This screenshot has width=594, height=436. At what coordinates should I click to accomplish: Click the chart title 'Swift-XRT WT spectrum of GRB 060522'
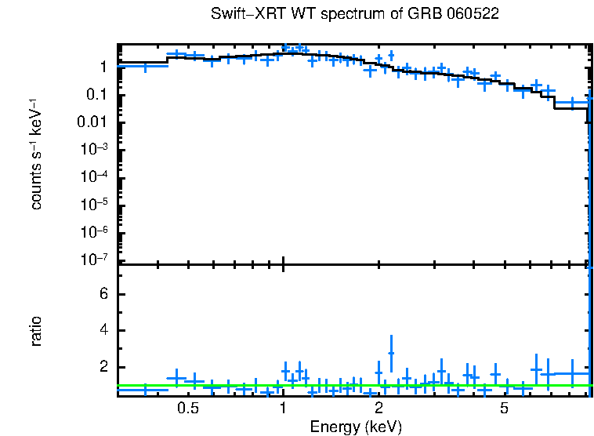[x=355, y=15]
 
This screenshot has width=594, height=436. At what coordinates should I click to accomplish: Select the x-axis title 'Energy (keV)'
[x=356, y=427]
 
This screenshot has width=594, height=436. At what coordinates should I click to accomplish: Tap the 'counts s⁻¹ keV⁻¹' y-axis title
[x=36, y=154]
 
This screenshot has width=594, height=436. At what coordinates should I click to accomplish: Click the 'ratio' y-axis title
[x=36, y=331]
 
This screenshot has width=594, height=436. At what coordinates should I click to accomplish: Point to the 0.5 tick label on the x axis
[x=187, y=409]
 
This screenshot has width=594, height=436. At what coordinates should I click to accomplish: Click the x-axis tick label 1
[x=283, y=409]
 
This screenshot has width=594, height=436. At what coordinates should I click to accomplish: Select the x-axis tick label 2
[x=378, y=409]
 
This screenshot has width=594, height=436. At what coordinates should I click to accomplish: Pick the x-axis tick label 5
[x=505, y=409]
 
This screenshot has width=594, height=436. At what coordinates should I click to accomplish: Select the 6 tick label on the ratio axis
[x=102, y=294]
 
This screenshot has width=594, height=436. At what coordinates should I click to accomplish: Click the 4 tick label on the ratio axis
[x=102, y=331]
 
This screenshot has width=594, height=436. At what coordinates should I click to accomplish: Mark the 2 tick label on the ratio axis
[x=102, y=367]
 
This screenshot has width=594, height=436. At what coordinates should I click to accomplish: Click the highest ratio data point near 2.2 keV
[x=390, y=353]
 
